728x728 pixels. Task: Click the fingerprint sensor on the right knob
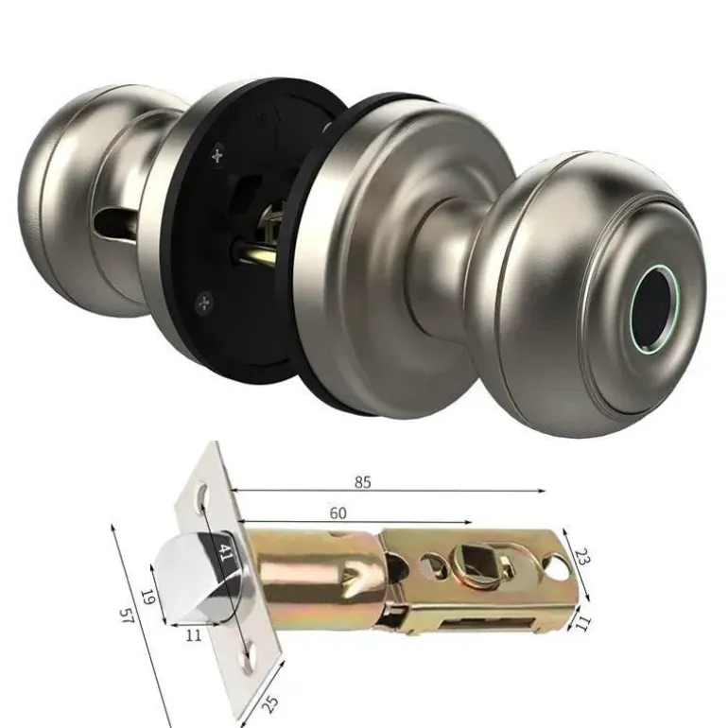tap(654, 309)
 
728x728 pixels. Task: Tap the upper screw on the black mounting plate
tap(217, 155)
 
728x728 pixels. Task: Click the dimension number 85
tap(363, 482)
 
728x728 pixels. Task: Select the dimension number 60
tap(338, 513)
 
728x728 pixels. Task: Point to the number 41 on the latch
tap(224, 552)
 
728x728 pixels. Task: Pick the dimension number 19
tap(147, 598)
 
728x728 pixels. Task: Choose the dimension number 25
tap(270, 703)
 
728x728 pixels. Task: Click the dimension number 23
tap(581, 556)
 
